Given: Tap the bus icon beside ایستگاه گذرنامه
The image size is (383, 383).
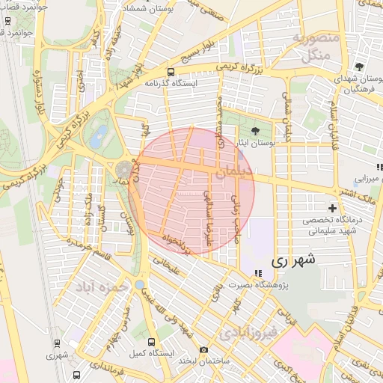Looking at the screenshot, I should tap(171, 73).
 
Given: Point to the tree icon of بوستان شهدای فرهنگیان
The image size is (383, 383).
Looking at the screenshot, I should tap(360, 67).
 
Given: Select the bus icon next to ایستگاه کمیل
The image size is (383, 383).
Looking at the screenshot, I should tap(152, 342).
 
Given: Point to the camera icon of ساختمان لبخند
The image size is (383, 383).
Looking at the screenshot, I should tap(203, 349).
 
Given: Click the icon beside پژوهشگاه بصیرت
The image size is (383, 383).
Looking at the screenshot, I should tap(258, 273).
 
